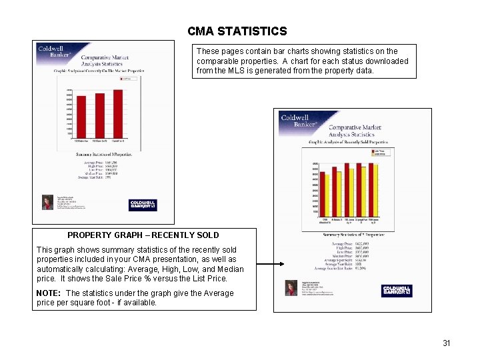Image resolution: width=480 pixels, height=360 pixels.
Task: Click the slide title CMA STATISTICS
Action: click(x=237, y=31)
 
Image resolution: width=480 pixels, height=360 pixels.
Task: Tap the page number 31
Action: click(x=447, y=343)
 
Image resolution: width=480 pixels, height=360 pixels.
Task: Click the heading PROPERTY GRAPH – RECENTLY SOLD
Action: click(x=143, y=235)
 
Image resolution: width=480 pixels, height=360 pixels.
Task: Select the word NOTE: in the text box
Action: click(x=49, y=293)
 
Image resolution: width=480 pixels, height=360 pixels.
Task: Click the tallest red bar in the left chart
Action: click(x=118, y=113)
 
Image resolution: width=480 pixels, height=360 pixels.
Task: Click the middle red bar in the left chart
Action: click(x=99, y=115)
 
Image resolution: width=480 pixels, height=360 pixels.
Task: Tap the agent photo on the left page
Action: click(x=47, y=202)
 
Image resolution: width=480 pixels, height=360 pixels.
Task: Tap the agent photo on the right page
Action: click(x=291, y=287)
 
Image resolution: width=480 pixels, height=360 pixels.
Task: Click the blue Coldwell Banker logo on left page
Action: click(x=143, y=204)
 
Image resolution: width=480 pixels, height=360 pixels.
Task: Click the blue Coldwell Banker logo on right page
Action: click(x=397, y=291)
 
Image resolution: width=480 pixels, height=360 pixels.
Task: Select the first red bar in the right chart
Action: click(x=323, y=193)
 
